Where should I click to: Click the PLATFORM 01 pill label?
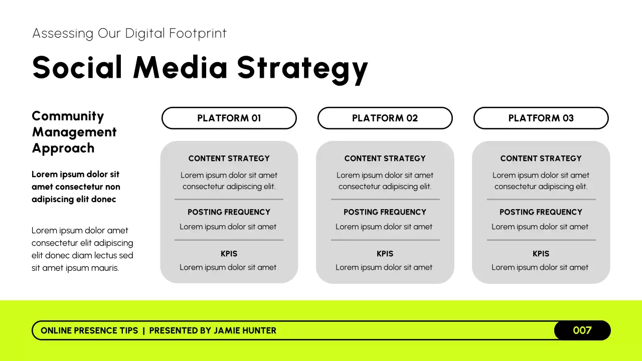click(x=229, y=118)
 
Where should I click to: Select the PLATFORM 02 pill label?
click(x=385, y=118)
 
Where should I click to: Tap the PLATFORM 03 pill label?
click(x=541, y=118)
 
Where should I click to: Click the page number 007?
click(x=582, y=330)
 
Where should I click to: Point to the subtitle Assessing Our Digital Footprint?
click(x=129, y=34)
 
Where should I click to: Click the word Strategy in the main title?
click(x=302, y=68)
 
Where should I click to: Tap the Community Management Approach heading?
click(x=74, y=132)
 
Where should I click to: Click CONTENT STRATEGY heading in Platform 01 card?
click(x=229, y=158)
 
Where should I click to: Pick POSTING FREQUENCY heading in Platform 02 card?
click(x=385, y=212)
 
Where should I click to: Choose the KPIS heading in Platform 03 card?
click(x=541, y=254)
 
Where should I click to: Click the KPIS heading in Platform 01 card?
click(x=229, y=254)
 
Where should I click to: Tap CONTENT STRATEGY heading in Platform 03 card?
click(x=541, y=158)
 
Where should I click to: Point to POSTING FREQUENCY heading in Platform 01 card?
click(x=229, y=212)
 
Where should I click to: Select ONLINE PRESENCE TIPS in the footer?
click(x=89, y=330)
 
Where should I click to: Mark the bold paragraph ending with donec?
click(x=76, y=187)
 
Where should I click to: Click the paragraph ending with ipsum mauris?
click(x=82, y=249)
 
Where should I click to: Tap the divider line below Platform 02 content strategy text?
click(x=385, y=200)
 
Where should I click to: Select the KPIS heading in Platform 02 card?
click(x=385, y=254)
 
